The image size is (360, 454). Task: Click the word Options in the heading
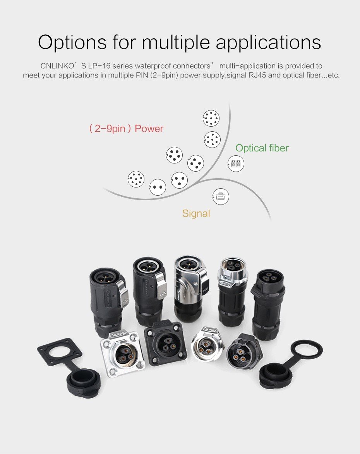tap(72, 43)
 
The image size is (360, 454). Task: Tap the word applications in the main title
tap(268, 43)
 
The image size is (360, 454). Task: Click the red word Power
tap(149, 129)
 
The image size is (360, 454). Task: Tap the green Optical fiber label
tap(262, 148)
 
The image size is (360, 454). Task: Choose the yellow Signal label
tap(196, 214)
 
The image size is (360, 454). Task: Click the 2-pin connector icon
tap(158, 187)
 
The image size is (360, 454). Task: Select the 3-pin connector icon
tap(180, 180)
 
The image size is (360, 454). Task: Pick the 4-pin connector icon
tap(195, 163)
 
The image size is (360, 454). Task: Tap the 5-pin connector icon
tap(175, 155)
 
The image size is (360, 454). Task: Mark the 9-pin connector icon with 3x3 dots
tap(212, 139)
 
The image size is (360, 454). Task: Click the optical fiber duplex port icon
tap(236, 163)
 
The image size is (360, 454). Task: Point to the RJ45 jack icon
tap(221, 196)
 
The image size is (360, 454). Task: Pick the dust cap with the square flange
tap(69, 367)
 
